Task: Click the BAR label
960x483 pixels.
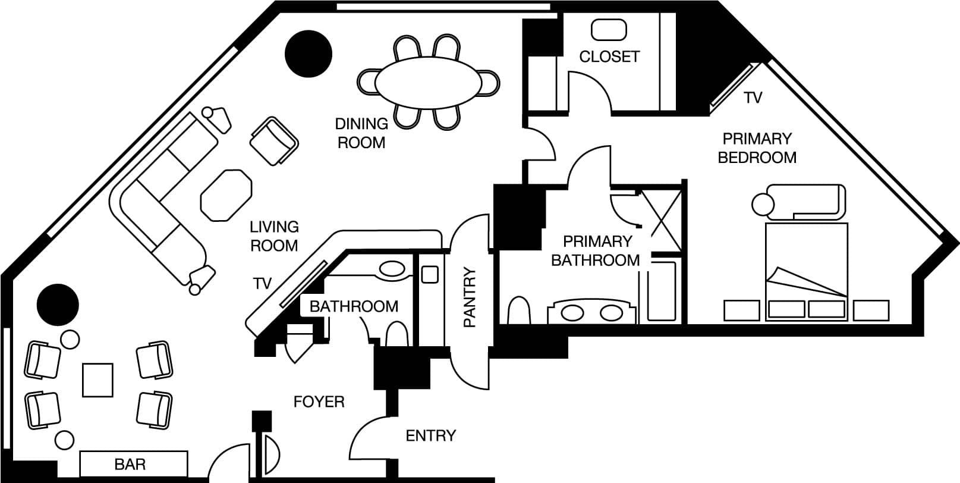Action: (130, 464)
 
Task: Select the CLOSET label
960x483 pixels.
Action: (609, 57)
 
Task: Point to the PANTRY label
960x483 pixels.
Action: (470, 297)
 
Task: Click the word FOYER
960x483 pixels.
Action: (319, 402)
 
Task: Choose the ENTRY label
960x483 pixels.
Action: (431, 435)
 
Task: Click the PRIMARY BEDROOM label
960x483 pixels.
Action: (757, 148)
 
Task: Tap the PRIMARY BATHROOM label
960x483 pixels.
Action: (596, 250)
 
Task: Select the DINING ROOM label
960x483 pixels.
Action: (361, 133)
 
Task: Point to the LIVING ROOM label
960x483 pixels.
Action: (274, 236)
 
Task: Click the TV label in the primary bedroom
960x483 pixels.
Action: (753, 98)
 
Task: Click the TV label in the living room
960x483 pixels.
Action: (262, 284)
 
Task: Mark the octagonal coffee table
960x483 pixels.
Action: (226, 195)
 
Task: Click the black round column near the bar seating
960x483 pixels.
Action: (58, 304)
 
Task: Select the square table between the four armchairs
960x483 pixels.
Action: (97, 380)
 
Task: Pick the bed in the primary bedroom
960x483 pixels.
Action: (806, 271)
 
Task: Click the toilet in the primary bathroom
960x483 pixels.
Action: (519, 310)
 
